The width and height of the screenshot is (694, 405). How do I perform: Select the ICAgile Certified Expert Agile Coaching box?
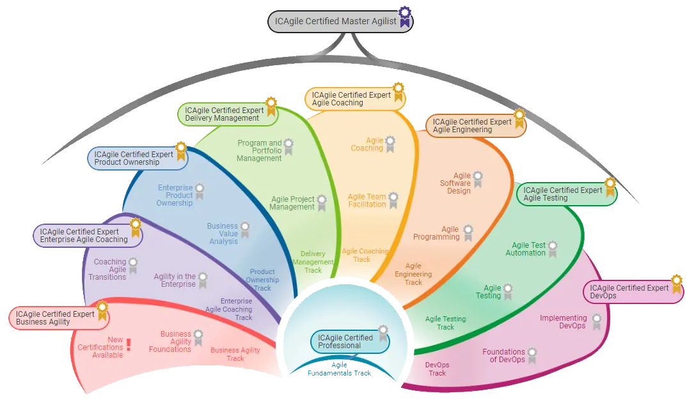[352, 99]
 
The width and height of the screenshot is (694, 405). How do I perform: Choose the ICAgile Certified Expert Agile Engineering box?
[472, 126]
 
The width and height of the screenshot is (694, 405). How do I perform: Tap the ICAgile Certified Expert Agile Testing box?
[563, 194]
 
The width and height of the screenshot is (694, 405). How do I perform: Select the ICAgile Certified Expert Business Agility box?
[56, 318]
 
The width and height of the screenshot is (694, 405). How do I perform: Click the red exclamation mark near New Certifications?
[129, 345]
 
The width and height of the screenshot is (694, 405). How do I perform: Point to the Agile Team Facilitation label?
[367, 201]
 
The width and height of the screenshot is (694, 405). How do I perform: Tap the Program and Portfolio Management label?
[259, 151]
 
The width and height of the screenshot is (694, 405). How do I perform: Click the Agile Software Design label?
[455, 183]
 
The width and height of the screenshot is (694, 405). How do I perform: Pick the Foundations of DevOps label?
[503, 356]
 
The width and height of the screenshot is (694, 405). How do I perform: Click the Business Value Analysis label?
[222, 233]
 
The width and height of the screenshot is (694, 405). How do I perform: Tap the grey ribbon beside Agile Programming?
[468, 233]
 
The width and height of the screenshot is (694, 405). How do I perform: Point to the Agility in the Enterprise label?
[175, 280]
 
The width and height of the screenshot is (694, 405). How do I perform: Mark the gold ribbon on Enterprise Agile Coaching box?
[136, 225]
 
